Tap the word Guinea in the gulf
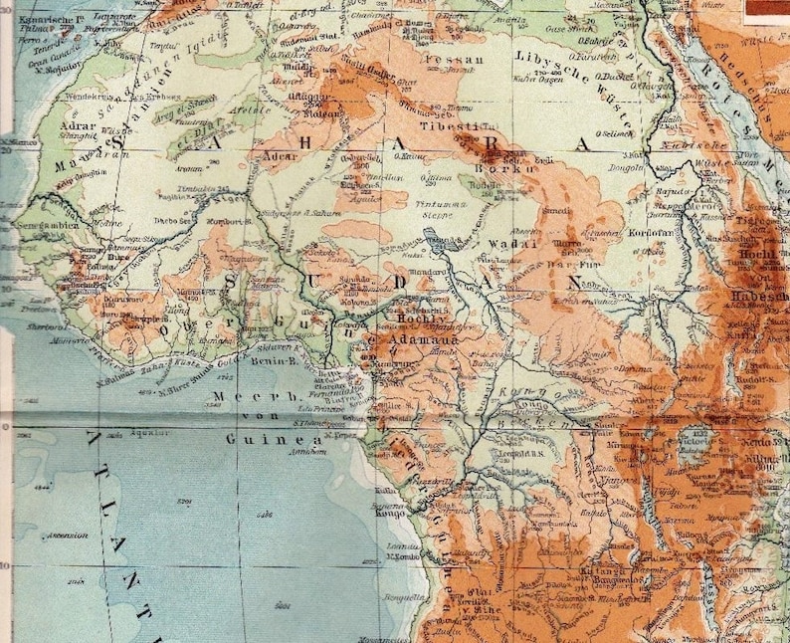pyautogui.click(x=262, y=439)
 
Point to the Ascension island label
pyautogui.click(x=66, y=535)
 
